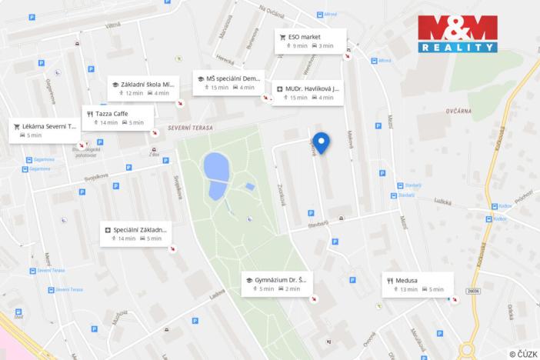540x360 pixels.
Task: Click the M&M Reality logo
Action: click(458, 34)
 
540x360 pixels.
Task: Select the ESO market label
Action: click(305, 37)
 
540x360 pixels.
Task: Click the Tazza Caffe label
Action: click(112, 114)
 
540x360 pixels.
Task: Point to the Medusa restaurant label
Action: click(408, 281)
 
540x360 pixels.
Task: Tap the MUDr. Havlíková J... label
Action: click(311, 88)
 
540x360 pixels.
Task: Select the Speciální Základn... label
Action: click(139, 230)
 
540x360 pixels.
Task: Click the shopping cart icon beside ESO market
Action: click(283, 37)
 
